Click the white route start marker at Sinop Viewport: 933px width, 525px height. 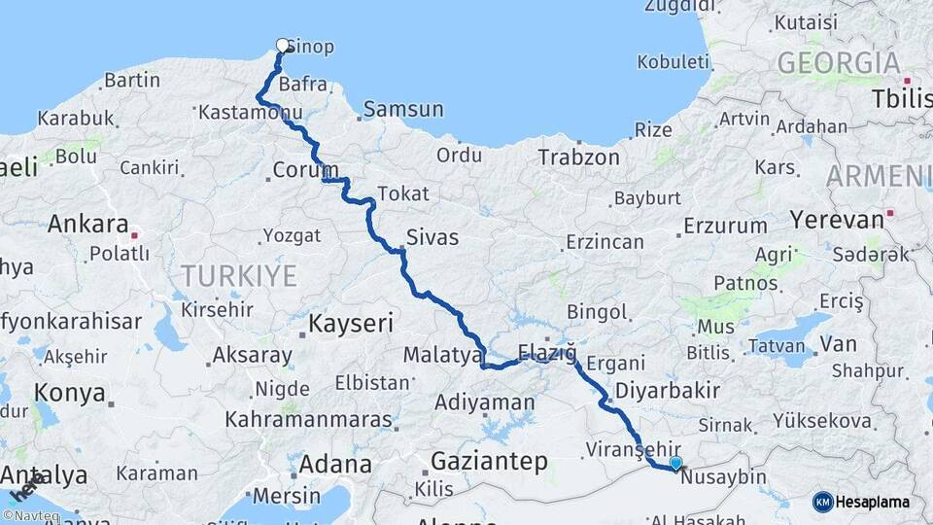[x=283, y=45]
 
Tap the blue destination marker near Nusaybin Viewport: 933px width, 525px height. [x=675, y=464]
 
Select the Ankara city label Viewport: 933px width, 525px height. [x=88, y=225]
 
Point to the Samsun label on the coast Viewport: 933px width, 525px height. [x=403, y=109]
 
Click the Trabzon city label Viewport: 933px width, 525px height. [x=578, y=157]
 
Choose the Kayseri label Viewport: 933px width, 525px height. [x=350, y=322]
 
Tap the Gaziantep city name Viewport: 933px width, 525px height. [x=489, y=461]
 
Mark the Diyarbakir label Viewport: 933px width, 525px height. [x=666, y=390]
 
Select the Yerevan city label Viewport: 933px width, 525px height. [x=836, y=219]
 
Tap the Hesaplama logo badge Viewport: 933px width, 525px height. [x=861, y=502]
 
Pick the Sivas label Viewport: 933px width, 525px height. [x=432, y=237]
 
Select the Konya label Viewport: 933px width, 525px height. [x=69, y=393]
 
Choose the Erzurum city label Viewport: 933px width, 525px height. [x=724, y=226]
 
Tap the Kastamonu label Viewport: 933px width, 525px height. [x=237, y=113]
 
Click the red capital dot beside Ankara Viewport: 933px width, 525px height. [x=135, y=234]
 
